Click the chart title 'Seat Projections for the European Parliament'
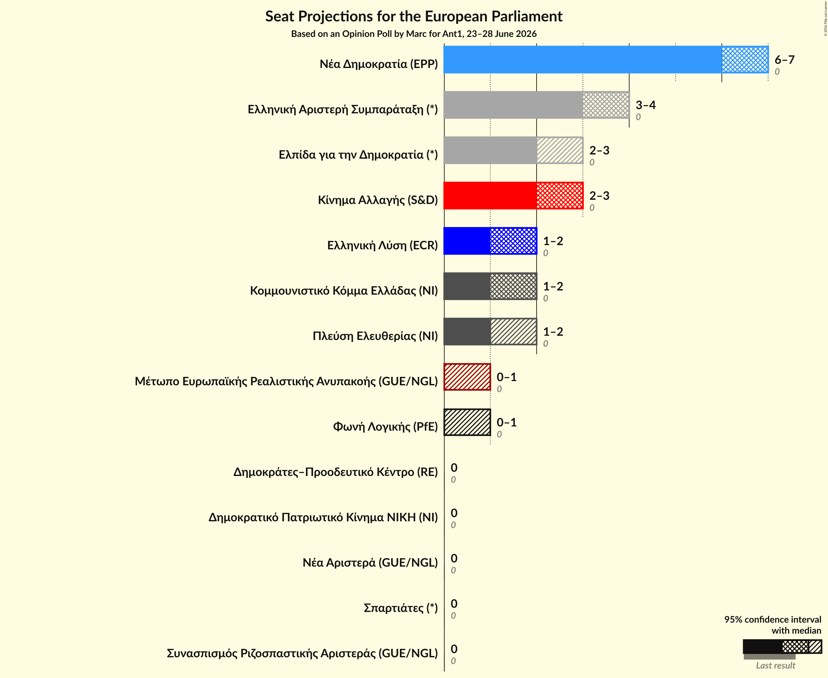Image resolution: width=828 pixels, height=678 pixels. pos(414,17)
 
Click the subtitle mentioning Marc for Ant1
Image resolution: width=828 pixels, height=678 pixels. pos(414,34)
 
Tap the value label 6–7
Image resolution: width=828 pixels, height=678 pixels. pos(784,60)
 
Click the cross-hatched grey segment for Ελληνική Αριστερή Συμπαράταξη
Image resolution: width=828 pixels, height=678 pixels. pos(606,105)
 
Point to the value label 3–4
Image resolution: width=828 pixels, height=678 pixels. pos(646,105)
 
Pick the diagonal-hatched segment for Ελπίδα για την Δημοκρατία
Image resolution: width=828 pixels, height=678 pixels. pos(560,150)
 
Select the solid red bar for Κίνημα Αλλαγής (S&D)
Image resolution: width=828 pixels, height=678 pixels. pos(490,196)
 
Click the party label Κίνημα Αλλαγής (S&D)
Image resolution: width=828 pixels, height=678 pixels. pos(378,200)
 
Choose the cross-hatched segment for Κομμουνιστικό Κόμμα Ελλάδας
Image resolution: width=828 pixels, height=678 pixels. pos(514,286)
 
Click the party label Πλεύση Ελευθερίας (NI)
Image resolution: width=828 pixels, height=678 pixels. pos(375,336)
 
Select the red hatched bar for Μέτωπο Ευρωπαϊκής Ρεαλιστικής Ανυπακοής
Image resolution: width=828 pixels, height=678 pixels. pos(467,377)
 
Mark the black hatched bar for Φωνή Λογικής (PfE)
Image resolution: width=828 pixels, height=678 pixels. pos(467,422)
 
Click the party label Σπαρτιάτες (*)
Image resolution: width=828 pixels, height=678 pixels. pos(401,608)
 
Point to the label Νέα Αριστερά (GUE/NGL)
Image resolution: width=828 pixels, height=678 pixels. pos(370,562)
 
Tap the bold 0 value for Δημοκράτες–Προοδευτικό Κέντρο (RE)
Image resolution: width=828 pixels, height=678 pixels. pos(454,468)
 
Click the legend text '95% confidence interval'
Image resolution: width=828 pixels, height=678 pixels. pos(773,619)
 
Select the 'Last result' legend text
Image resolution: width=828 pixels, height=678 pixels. pos(775,665)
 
